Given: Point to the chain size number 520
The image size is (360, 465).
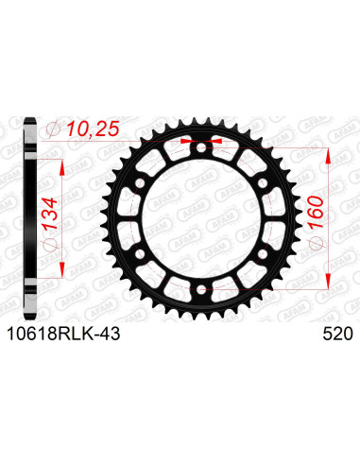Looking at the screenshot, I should click(338, 334).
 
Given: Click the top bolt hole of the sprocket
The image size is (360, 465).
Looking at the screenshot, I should click(200, 146).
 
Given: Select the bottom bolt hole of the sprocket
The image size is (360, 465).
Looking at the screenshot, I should click(200, 284).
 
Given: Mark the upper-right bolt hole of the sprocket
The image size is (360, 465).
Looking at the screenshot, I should click(260, 181).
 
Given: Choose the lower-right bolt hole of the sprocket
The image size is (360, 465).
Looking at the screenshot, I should click(260, 250).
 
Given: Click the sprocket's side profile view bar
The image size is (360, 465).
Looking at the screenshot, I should click(31, 215).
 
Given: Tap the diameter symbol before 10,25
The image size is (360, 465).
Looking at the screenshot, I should click(55, 130).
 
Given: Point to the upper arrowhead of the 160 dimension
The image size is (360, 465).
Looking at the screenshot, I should click(328, 151).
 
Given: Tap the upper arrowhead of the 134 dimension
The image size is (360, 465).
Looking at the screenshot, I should click(63, 163).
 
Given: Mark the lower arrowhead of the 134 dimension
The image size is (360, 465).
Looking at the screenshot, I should click(63, 267).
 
